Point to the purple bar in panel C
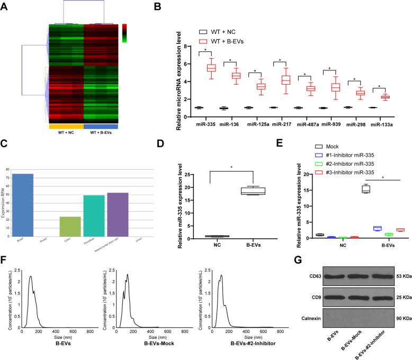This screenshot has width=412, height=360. (118, 208)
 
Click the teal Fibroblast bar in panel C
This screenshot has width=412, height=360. (94, 209)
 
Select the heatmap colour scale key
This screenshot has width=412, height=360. (124, 33)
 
